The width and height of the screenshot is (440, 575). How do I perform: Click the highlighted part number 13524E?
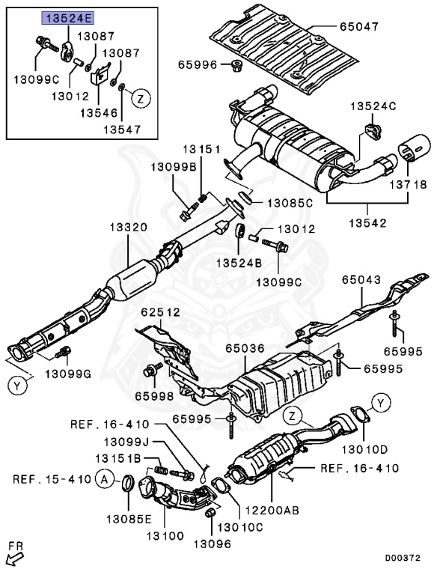pyautogui.click(x=68, y=18)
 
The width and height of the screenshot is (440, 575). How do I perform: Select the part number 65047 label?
pyautogui.click(x=359, y=26)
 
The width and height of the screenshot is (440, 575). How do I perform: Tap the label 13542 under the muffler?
pyautogui.click(x=367, y=223)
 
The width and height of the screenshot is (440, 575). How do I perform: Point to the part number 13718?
pyautogui.click(x=408, y=184)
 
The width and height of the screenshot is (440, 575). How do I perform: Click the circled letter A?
pyautogui.click(x=105, y=479)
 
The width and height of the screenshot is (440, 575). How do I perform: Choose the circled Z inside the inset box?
pyautogui.click(x=141, y=98)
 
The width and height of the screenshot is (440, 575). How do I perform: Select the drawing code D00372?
pyautogui.click(x=403, y=558)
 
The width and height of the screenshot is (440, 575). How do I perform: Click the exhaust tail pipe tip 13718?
pyautogui.click(x=415, y=147)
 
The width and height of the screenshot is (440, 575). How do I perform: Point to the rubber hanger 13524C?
pyautogui.click(x=373, y=132)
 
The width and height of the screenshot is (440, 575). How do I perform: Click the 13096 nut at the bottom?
pyautogui.click(x=210, y=513)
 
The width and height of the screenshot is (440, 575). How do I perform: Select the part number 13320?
pyautogui.click(x=129, y=228)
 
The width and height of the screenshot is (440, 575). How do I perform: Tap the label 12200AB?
pyautogui.click(x=272, y=510)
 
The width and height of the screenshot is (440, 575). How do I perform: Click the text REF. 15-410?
pyautogui.click(x=52, y=479)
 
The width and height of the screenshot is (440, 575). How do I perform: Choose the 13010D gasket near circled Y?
pyautogui.click(x=361, y=414)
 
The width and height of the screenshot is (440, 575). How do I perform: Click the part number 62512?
pyautogui.click(x=161, y=312)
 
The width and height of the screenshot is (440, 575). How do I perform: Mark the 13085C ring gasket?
pyautogui.click(x=245, y=197)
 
